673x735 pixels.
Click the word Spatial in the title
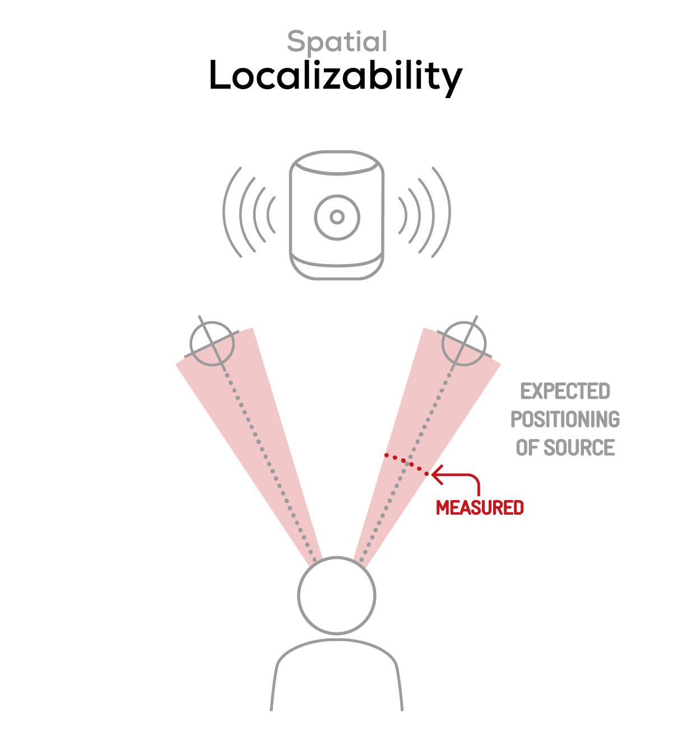[337, 42]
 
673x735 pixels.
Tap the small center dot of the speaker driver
[337, 217]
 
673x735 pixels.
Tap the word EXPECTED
[565, 391]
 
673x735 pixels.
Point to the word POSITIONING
[565, 419]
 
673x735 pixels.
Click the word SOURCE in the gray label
[579, 447]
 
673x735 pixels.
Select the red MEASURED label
[480, 508]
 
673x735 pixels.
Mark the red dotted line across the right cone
[406, 464]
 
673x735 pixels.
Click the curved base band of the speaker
[337, 265]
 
